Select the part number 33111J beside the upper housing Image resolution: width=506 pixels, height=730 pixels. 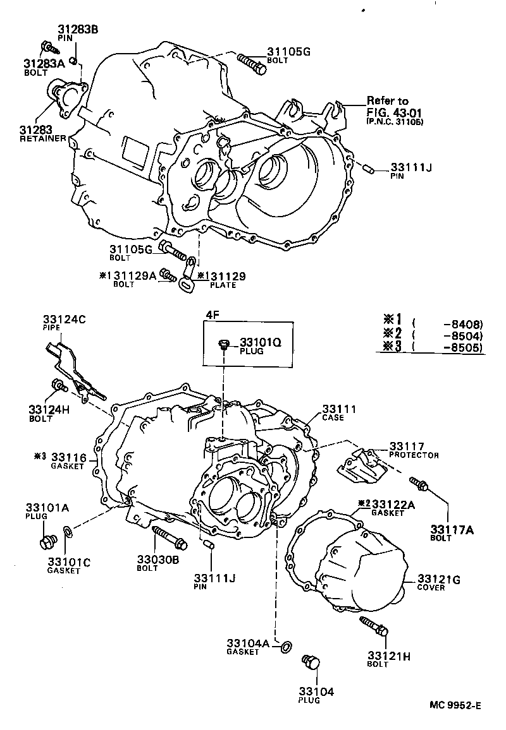click(x=411, y=167)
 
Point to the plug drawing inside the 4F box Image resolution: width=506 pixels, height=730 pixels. click(x=223, y=344)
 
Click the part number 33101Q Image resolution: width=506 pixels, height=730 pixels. click(x=259, y=343)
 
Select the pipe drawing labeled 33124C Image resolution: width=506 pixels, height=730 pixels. click(x=71, y=369)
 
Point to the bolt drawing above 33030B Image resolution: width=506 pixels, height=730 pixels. click(x=168, y=536)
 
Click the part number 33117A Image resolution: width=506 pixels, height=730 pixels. click(x=452, y=529)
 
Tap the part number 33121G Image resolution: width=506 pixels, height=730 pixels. click(x=439, y=578)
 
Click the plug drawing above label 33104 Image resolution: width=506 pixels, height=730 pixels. click(x=311, y=663)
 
